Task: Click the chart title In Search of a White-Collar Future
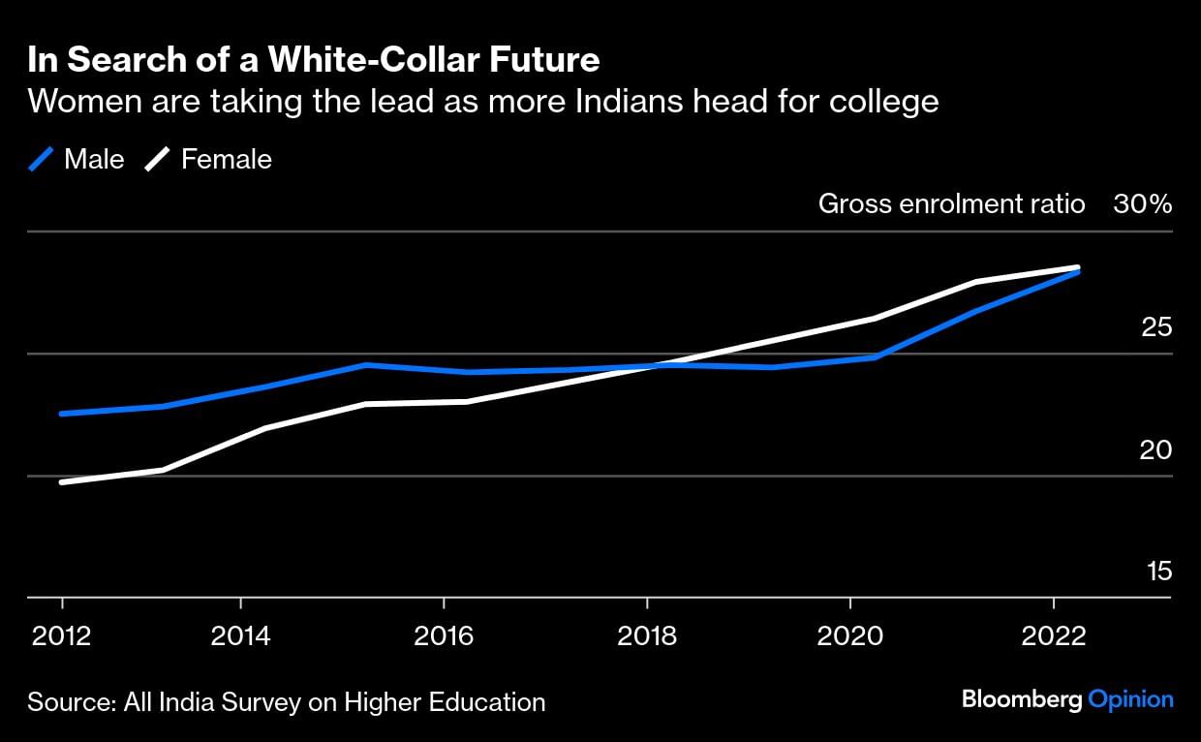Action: [314, 60]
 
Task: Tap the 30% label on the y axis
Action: [1143, 204]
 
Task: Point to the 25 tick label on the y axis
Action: [1157, 327]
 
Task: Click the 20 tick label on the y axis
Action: [1157, 450]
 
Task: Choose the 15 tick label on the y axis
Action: [1159, 572]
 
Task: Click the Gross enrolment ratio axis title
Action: [951, 204]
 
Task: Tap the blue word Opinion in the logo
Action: [1131, 699]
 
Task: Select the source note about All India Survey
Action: [286, 701]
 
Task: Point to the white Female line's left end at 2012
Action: [62, 481]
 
